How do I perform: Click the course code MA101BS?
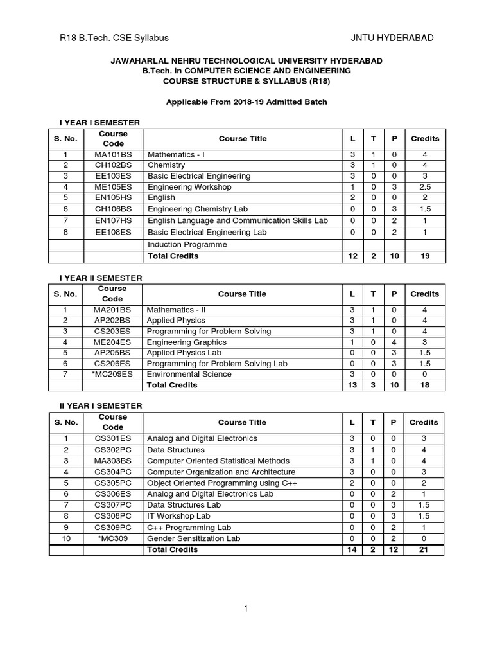click(x=113, y=155)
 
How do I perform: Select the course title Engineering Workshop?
click(x=189, y=187)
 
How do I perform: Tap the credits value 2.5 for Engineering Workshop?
click(x=424, y=187)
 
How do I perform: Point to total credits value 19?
click(x=424, y=256)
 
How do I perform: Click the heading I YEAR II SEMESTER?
click(x=101, y=278)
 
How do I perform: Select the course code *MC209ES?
click(x=113, y=374)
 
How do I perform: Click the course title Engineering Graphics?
click(x=186, y=342)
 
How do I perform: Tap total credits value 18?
click(x=424, y=386)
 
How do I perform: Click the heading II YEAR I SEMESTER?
click(x=101, y=406)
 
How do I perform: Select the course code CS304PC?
click(x=113, y=472)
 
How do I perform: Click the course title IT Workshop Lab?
click(x=178, y=516)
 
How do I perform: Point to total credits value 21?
click(x=424, y=550)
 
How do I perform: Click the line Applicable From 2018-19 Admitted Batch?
click(x=246, y=102)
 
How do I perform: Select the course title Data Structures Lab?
click(x=184, y=505)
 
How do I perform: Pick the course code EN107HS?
click(x=113, y=220)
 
